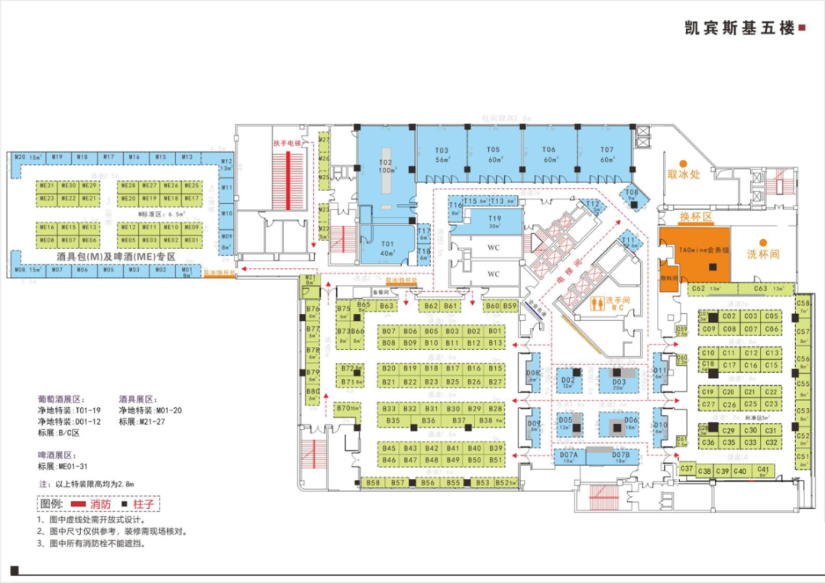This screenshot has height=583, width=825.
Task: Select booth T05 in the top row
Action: [493, 154]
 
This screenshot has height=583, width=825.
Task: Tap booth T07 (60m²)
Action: [607, 154]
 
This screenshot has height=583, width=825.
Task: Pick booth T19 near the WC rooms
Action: [494, 222]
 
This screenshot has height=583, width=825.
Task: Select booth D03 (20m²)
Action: [619, 382]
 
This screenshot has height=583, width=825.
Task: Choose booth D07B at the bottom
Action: [621, 457]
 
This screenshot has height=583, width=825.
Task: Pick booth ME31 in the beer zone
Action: [47, 186]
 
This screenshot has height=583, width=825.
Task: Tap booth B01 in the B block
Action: [495, 332]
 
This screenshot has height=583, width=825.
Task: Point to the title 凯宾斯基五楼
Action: [739, 28]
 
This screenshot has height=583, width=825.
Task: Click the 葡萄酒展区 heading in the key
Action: [63, 399]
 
